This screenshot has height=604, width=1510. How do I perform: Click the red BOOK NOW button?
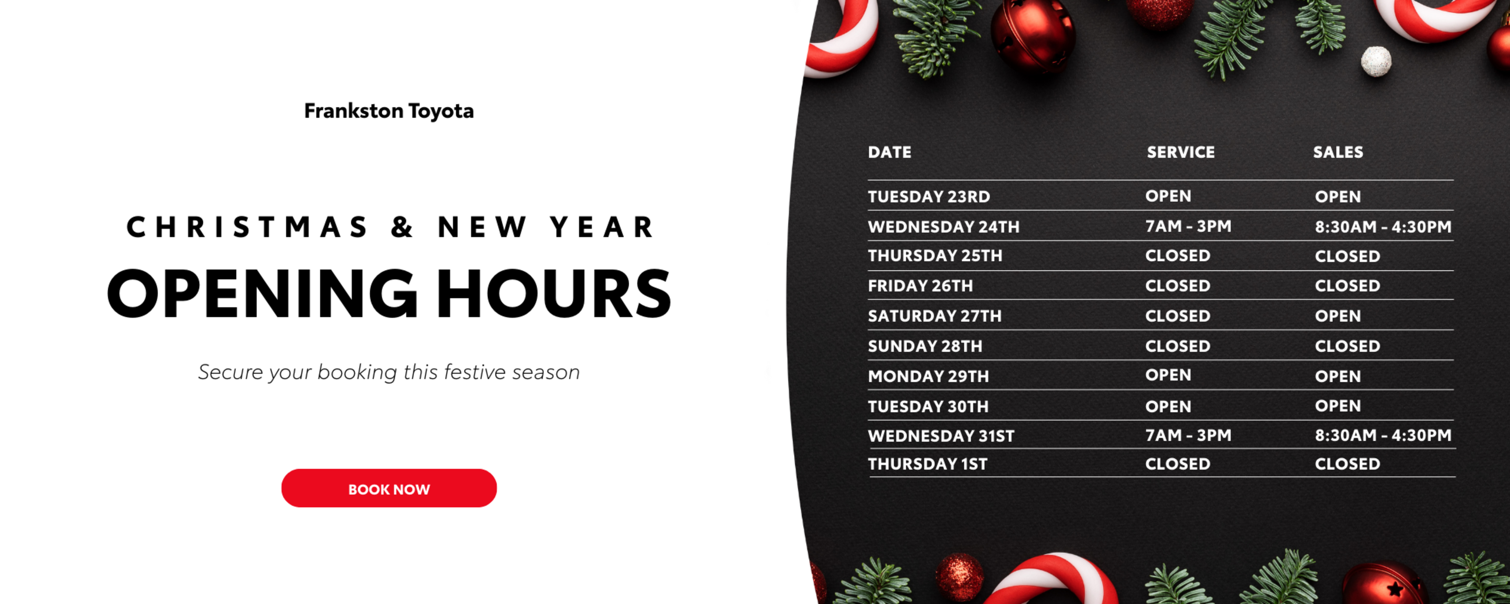[389, 488]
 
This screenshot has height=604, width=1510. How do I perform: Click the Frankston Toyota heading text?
[389, 111]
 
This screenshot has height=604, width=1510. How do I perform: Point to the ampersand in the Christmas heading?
[402, 227]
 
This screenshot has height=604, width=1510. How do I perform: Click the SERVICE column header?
[1180, 153]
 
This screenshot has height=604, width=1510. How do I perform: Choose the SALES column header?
[1338, 153]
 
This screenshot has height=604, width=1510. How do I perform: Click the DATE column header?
[889, 153]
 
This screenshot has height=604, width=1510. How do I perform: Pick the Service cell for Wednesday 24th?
[1188, 226]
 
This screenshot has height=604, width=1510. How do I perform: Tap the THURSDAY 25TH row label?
[935, 256]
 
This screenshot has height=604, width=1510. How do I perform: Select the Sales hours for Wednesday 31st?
[1383, 435]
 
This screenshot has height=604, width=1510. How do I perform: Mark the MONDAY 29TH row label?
[928, 376]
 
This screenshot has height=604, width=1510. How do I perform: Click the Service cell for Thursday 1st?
[1178, 464]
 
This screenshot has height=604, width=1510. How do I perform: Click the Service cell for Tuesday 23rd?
[1168, 196]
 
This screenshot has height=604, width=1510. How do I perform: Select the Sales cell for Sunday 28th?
[1347, 346]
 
